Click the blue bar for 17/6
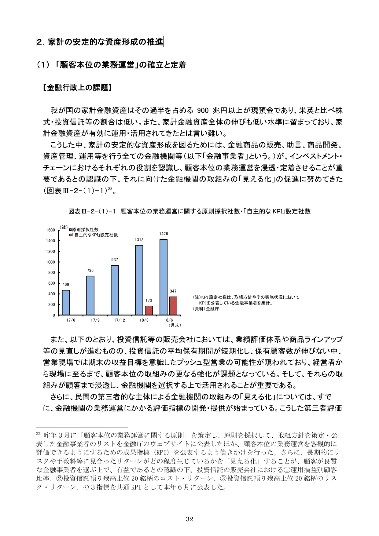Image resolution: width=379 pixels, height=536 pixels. pyautogui.click(x=66, y=302)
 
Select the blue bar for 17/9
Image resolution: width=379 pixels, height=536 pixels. pyautogui.click(x=90, y=295)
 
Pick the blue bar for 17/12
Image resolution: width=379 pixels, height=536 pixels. pyautogui.click(x=115, y=290)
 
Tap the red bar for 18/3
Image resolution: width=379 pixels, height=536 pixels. pyautogui.click(x=149, y=310)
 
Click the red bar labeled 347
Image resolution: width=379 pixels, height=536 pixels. pyautogui.click(x=173, y=306)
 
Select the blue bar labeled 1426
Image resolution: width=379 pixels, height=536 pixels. pyautogui.click(x=164, y=277)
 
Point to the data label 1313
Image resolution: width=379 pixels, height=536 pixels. pyautogui.click(x=139, y=240)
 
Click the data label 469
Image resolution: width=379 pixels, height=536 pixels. pyautogui.click(x=66, y=284)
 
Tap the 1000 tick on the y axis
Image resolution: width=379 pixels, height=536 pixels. pyautogui.click(x=51, y=262)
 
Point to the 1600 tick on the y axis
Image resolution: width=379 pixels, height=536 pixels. pyautogui.click(x=51, y=230)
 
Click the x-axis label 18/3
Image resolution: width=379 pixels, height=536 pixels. pyautogui.click(x=144, y=320)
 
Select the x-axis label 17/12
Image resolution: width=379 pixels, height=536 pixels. pyautogui.click(x=120, y=320)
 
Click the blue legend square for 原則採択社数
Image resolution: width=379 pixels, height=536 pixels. pyautogui.click(x=70, y=230)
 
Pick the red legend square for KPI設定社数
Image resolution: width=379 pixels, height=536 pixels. pyautogui.click(x=70, y=235)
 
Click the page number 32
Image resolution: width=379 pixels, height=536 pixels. pyautogui.click(x=189, y=519)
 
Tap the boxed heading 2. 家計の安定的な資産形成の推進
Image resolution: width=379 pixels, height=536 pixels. pyautogui.click(x=100, y=42)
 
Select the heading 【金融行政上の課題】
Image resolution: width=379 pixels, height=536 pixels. pyautogui.click(x=77, y=88)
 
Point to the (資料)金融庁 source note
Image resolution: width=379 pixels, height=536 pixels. pyautogui.click(x=206, y=309)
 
